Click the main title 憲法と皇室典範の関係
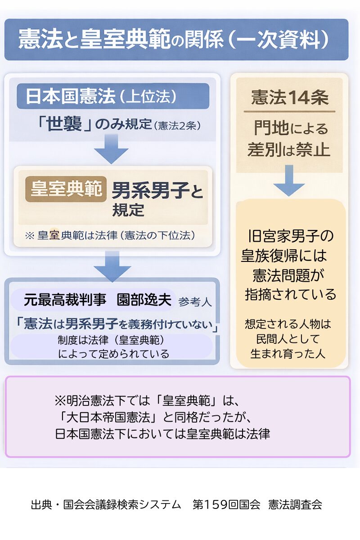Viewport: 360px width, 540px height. pyautogui.click(x=121, y=40)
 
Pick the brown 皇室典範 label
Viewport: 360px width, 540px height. pyautogui.click(x=66, y=189)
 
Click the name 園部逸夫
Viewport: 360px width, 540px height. pyautogui.click(x=144, y=300)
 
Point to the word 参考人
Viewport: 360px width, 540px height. pyautogui.click(x=195, y=301)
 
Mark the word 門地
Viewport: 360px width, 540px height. pyautogui.click(x=271, y=129)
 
